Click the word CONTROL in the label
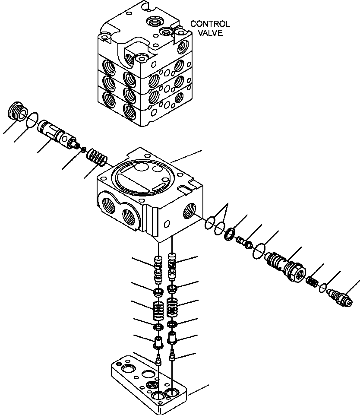coord(210,24)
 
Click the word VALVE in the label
coord(212,33)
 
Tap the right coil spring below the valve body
coord(172,307)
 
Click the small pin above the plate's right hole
coord(173,355)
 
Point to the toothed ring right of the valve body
coord(229,235)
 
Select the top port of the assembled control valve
coord(154,21)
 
